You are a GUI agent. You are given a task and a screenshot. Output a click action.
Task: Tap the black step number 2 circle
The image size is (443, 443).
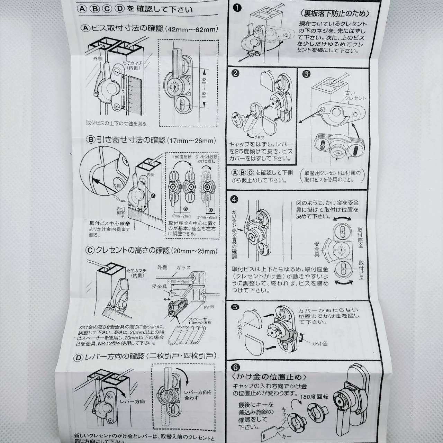(x=236, y=74)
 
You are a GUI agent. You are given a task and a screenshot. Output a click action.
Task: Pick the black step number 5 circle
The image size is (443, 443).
(x=235, y=307)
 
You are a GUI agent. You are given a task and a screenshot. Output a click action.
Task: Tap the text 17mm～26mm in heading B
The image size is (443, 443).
(x=191, y=141)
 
